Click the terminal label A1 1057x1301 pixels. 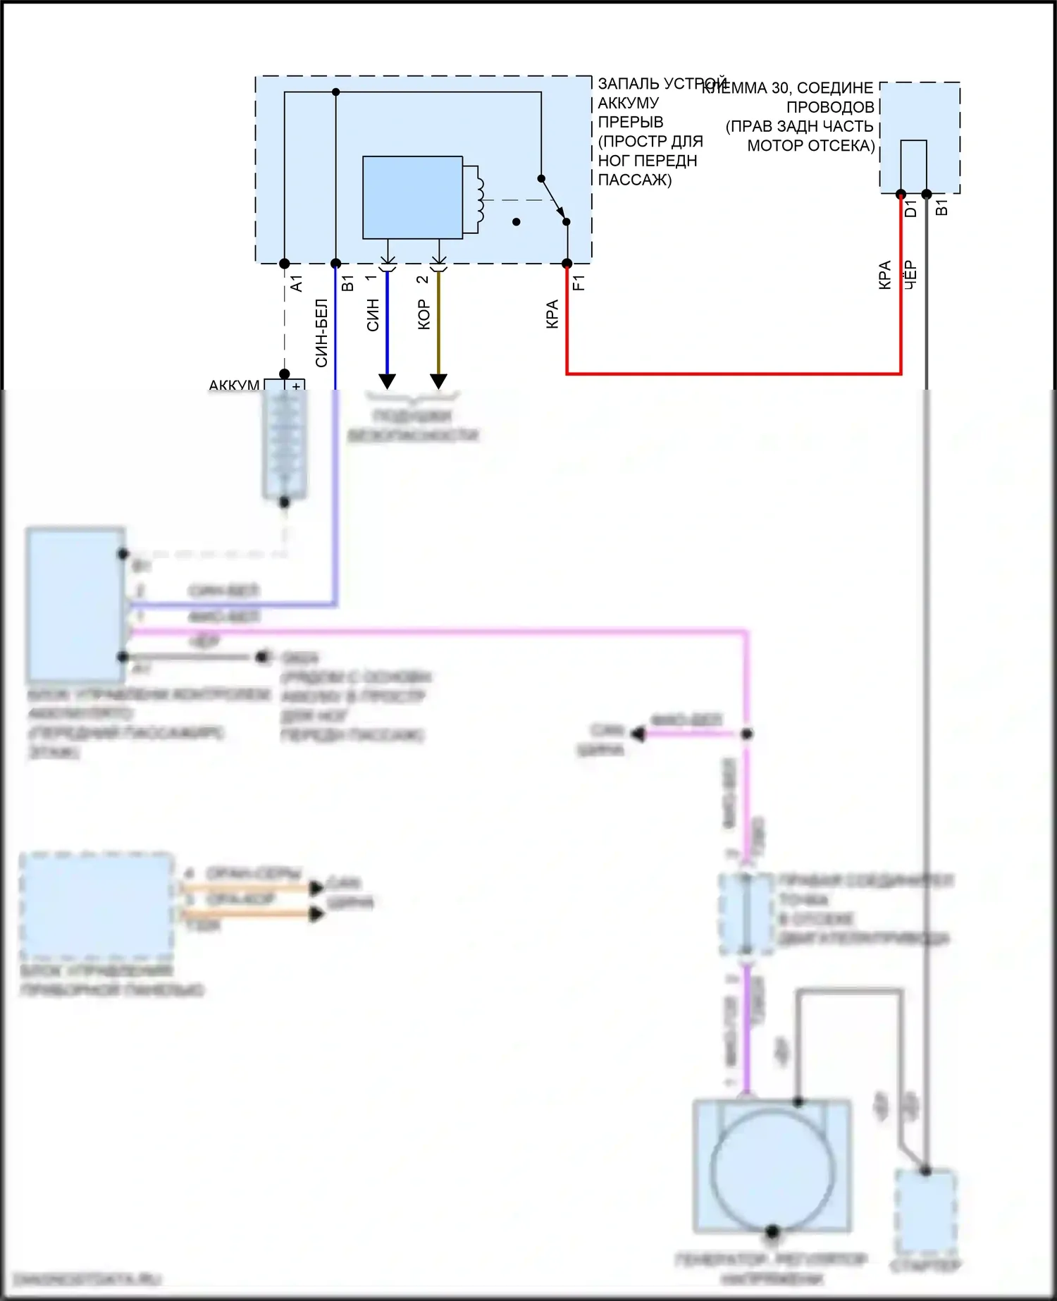296,283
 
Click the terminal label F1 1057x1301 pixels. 578,283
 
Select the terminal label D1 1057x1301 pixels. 910,209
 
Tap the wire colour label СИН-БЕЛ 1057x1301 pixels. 321,333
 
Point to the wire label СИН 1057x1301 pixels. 373,315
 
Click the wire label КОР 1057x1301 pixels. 424,314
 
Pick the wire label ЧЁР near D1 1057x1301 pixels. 910,275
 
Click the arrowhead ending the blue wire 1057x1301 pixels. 387,381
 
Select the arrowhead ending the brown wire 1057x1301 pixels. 438,381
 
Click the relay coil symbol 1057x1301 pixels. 479,199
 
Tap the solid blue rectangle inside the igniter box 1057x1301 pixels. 412,197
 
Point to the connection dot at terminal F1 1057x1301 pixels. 567,264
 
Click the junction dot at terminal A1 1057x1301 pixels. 285,264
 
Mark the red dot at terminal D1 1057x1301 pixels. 901,194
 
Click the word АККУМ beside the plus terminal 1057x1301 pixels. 234,386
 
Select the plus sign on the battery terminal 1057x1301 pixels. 296,386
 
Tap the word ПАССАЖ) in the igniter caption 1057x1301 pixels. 634,180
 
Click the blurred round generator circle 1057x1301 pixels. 772,1168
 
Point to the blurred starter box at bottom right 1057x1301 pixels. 925,1209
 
